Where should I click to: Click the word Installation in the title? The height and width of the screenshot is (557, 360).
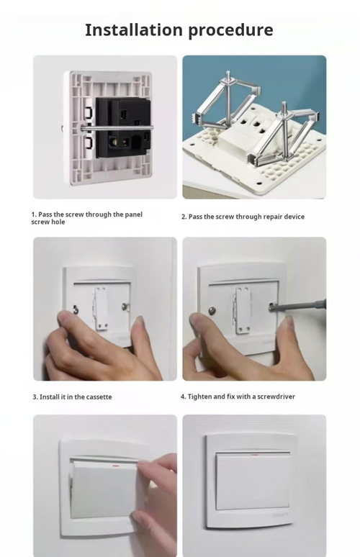133,30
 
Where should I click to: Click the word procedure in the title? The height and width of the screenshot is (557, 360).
230,31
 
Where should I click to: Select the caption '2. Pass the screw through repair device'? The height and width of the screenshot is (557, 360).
243,217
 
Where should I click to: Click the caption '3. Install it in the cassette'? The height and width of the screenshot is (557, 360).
72,397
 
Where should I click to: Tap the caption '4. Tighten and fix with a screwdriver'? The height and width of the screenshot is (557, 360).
238,397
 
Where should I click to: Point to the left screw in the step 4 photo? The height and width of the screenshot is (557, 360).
212,311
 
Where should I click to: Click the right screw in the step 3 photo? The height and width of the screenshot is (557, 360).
125,307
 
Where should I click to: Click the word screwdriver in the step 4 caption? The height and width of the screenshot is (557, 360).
274,397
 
